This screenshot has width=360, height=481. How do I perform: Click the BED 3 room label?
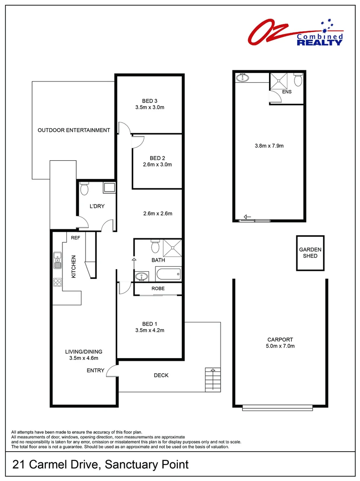point(150,101)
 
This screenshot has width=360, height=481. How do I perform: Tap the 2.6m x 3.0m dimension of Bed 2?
point(157,164)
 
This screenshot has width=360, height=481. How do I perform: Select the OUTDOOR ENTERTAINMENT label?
point(74,130)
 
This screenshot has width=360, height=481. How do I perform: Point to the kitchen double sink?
point(57,261)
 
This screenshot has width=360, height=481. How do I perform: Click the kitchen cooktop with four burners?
point(57,282)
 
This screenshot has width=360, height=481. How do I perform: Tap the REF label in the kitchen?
point(75,238)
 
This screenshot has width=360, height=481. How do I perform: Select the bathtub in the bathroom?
point(168,273)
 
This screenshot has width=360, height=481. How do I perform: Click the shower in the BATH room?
point(172,247)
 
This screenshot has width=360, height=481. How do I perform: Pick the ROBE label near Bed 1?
point(158,289)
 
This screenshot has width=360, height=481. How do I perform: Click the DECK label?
point(161,375)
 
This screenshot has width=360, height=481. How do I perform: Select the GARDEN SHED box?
point(311,253)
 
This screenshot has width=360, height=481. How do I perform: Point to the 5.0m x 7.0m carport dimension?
point(281,346)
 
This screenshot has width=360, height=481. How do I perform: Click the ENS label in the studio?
point(286,92)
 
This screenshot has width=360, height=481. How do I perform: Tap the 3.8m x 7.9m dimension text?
point(269,146)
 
